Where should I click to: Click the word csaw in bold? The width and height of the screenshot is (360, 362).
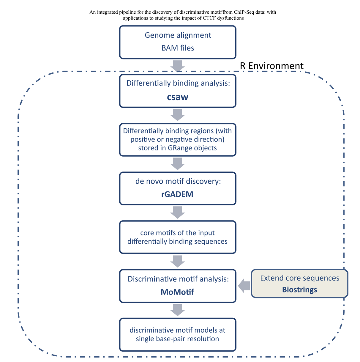click(x=178, y=97)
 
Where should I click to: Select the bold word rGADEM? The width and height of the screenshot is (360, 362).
click(x=177, y=194)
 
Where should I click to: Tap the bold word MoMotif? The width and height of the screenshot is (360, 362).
click(x=177, y=292)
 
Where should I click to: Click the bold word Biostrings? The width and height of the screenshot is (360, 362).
click(x=299, y=289)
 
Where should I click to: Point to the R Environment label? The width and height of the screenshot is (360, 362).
click(x=271, y=66)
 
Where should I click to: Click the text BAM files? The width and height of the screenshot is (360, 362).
click(x=178, y=48)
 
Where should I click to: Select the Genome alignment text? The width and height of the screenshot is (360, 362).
click(x=178, y=35)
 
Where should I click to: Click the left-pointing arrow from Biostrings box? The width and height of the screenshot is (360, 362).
click(x=244, y=286)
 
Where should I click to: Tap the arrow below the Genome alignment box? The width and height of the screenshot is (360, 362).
click(x=178, y=66)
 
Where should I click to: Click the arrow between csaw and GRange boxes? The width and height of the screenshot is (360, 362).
click(x=178, y=115)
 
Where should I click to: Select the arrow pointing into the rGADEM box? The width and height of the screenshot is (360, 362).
click(x=178, y=163)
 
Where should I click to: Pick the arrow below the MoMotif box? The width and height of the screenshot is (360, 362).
click(x=178, y=310)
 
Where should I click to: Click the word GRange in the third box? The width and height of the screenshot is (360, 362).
click(x=179, y=148)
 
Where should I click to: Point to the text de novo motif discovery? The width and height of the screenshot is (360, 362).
click(x=178, y=181)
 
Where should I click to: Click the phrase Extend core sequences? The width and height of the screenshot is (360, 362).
click(x=299, y=278)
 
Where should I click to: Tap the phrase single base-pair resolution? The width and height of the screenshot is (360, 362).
click(x=177, y=339)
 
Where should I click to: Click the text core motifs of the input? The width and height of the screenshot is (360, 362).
click(x=177, y=233)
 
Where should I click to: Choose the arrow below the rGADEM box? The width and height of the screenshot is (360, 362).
click(x=178, y=212)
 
